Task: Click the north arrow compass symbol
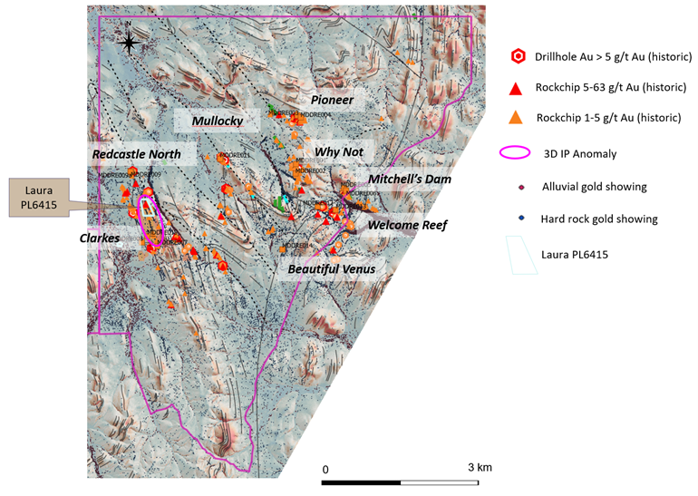coord(129,42)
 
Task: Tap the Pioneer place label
coord(332,99)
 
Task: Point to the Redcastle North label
coord(137,154)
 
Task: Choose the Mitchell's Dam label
coord(410,180)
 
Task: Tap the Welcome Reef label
coord(407,225)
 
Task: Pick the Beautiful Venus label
coord(331,269)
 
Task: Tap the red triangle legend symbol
coord(516,88)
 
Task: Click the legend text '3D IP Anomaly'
coord(579,154)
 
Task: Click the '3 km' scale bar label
coord(480,467)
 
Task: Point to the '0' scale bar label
coord(325,470)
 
